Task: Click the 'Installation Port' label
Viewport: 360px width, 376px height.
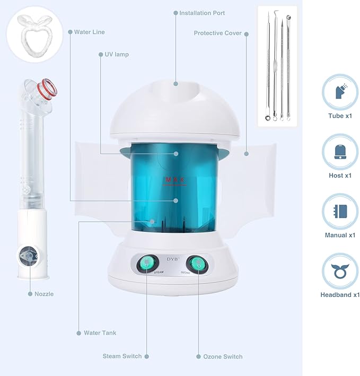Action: click(x=202, y=13)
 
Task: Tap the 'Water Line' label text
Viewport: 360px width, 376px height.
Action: click(x=89, y=32)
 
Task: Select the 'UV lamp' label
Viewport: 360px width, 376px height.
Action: click(x=117, y=55)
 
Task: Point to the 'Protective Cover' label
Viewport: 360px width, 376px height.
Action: click(x=217, y=33)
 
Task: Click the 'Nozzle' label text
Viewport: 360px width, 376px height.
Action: click(x=45, y=293)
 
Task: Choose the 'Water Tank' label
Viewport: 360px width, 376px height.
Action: click(x=100, y=333)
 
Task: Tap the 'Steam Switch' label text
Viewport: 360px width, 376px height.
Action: click(x=122, y=356)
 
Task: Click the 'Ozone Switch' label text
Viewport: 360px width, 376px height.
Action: click(x=223, y=356)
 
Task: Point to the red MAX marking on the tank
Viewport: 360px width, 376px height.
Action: click(x=175, y=180)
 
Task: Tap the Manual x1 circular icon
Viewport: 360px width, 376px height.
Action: click(x=340, y=212)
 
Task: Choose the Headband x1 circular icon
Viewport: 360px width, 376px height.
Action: click(x=340, y=271)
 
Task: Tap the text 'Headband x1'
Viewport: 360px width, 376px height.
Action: click(x=340, y=295)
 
